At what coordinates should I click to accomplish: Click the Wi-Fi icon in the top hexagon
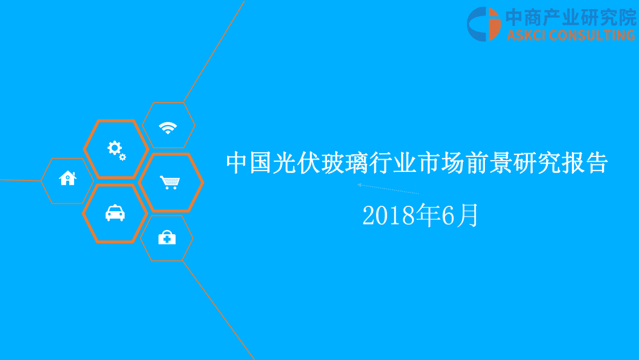point(168,127)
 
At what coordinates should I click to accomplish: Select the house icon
point(68,177)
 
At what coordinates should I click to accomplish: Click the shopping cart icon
point(170,182)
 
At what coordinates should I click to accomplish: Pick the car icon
point(115,213)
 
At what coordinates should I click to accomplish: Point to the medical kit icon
point(167,237)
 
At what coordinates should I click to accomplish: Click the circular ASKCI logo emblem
point(483,24)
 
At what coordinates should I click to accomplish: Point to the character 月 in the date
point(468,217)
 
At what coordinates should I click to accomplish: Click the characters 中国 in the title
point(249,163)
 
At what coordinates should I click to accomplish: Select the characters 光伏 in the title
point(296,163)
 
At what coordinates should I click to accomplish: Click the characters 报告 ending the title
point(584,163)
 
